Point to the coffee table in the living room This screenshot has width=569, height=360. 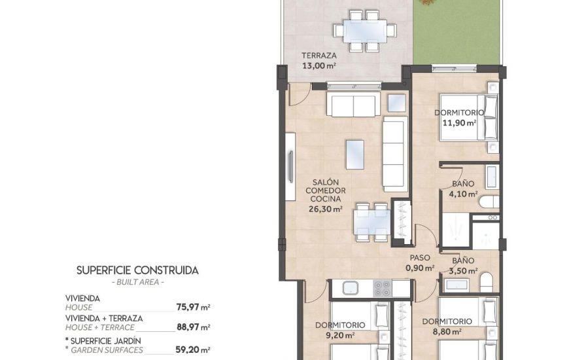(x=355, y=155)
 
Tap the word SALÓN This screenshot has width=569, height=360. (x=324, y=182)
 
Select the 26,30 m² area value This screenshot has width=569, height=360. (x=326, y=209)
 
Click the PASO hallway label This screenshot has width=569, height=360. (x=420, y=258)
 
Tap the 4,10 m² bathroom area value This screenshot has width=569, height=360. (x=463, y=194)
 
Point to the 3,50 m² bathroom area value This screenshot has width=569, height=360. (x=463, y=269)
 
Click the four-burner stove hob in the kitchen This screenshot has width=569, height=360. (x=383, y=288)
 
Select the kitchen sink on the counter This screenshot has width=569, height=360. (x=347, y=287)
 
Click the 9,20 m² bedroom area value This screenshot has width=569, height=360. (x=339, y=334)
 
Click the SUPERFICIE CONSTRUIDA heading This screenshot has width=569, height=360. (x=137, y=270)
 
